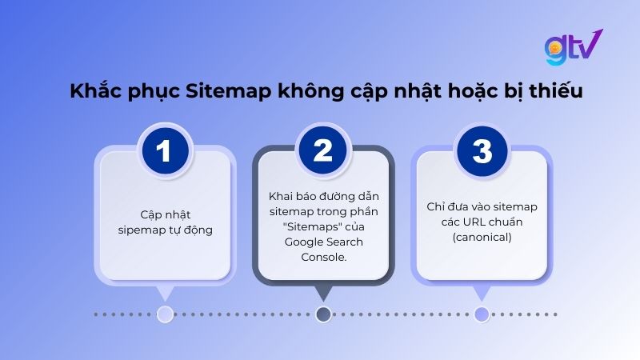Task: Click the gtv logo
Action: (x=573, y=48)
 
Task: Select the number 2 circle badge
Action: (x=323, y=151)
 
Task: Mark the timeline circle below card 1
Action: (x=165, y=314)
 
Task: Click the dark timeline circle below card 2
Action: (x=323, y=314)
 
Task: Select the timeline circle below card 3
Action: (x=482, y=314)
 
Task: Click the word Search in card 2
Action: (x=345, y=242)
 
